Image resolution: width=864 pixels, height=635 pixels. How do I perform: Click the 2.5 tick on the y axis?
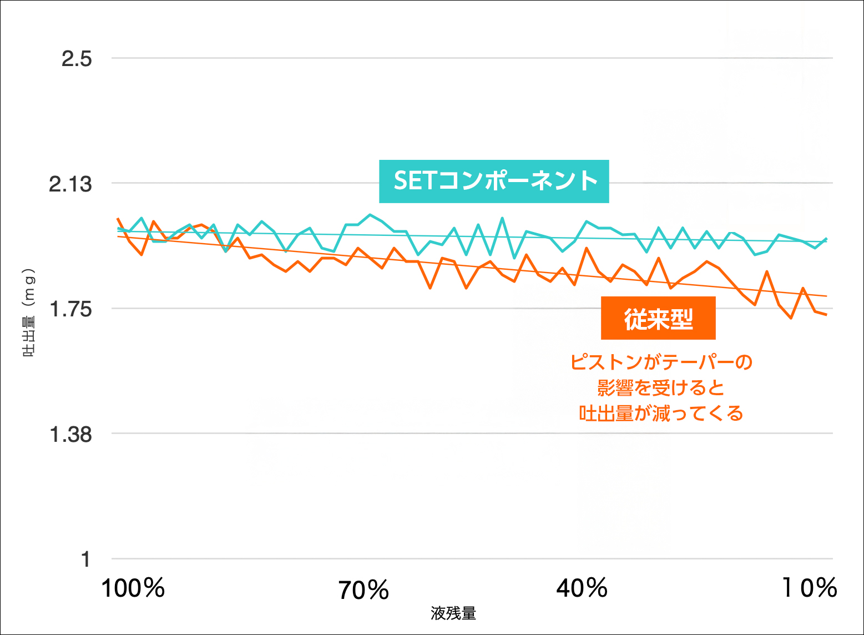[77, 58]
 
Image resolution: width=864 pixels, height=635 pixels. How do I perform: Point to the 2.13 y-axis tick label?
[70, 184]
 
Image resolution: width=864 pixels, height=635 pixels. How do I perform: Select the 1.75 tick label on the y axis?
[70, 309]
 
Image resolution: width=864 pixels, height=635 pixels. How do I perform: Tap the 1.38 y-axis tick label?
[70, 434]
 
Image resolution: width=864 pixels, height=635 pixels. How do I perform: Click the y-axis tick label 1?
[85, 559]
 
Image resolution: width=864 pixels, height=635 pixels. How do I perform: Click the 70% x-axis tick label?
[363, 590]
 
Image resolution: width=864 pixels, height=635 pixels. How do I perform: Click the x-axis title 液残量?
[453, 613]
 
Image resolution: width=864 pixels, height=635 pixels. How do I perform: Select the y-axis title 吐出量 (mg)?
[28, 313]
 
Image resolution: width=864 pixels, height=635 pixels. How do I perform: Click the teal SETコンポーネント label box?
[494, 182]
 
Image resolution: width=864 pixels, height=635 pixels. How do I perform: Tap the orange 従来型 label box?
[658, 318]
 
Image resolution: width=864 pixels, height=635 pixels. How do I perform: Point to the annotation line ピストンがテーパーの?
[661, 362]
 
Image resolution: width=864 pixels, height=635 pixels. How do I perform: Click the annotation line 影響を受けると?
[661, 388]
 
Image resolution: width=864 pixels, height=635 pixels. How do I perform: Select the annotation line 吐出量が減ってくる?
[661, 414]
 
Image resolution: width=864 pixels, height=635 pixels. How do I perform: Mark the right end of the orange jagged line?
[827, 315]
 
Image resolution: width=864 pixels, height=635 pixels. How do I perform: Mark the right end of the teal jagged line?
[827, 239]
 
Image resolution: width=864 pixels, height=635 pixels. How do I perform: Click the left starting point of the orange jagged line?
[118, 219]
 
